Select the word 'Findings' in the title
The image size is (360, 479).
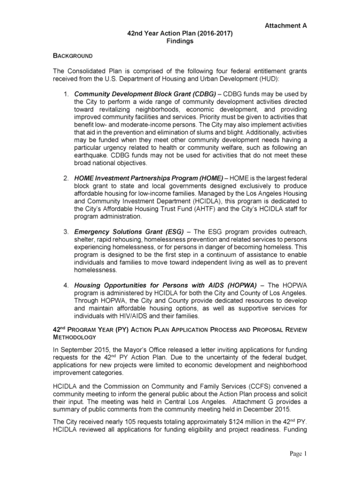tap(180, 41)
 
